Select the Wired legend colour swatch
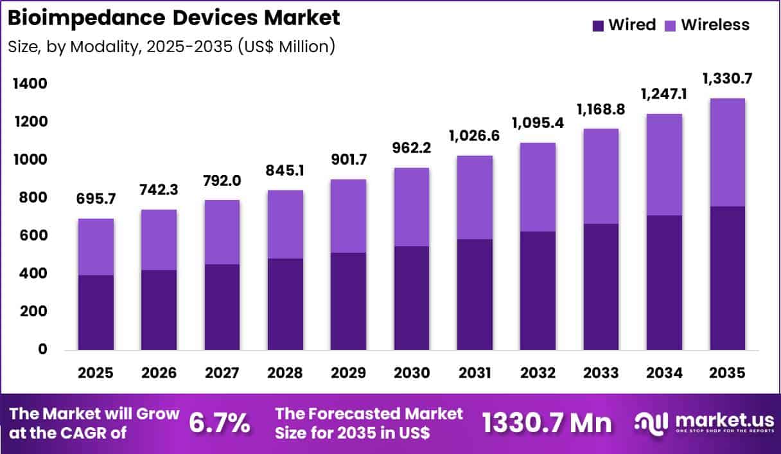coord(599,26)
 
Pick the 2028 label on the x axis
coord(285,373)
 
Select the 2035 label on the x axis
coord(727,373)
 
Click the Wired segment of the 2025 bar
coord(96,313)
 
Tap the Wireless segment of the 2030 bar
coord(412,207)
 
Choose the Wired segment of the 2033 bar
coord(601,287)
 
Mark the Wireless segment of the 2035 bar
coord(727,152)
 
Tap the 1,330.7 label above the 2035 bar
coord(727,79)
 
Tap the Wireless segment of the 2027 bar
coord(222,232)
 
